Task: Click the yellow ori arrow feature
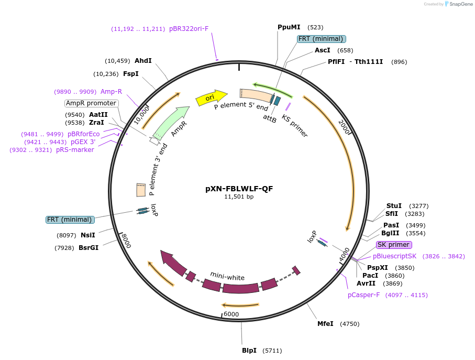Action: pos(211,97)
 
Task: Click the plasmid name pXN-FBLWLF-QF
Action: pos(239,189)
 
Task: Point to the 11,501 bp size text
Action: pos(239,197)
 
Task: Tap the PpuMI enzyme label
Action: pos(289,27)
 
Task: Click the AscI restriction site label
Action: pos(322,50)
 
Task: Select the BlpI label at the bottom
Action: pos(249,350)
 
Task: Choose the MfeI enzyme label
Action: pos(325,324)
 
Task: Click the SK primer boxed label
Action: pos(394,245)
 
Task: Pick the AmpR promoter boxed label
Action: pos(91,103)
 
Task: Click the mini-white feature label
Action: pos(227,276)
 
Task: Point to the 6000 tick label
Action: pos(231,314)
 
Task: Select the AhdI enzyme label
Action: pos(143,61)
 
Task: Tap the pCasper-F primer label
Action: pos(363,295)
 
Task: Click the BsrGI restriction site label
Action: pos(89,247)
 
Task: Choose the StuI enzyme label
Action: pos(394,205)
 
